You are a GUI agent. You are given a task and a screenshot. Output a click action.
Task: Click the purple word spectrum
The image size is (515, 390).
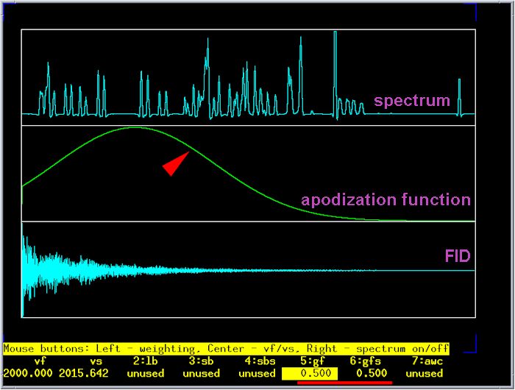412,101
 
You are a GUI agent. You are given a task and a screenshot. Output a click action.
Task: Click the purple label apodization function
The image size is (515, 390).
386,200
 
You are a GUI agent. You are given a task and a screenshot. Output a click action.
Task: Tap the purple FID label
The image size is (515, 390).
458,256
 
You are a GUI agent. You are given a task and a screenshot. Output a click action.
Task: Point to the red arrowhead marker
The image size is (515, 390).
176,163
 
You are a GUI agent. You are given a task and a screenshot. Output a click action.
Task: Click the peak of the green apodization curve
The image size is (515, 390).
135,127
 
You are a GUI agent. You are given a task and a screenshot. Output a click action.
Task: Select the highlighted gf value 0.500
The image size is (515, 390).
316,373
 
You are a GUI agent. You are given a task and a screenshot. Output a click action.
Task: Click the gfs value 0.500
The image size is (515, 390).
372,373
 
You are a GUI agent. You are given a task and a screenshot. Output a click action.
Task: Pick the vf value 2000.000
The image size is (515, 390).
28,373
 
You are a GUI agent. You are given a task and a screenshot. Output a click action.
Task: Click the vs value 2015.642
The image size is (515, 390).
84,373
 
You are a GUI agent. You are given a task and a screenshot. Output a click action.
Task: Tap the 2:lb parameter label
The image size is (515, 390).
146,361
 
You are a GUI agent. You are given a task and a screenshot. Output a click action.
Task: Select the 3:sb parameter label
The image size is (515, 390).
202,361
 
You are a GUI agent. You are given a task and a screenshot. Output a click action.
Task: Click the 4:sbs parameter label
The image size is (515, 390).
260,361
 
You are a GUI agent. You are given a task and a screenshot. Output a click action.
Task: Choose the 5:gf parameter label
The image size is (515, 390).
313,361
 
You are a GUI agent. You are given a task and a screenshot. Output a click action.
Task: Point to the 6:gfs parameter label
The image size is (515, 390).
365,361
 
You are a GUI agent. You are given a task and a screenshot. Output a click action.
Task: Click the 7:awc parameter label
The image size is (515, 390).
427,361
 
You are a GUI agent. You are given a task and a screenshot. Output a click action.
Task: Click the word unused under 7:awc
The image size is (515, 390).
425,373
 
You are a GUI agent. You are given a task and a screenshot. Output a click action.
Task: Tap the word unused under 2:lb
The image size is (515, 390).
146,373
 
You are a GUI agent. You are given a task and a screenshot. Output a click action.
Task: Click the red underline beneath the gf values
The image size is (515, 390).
344,383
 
